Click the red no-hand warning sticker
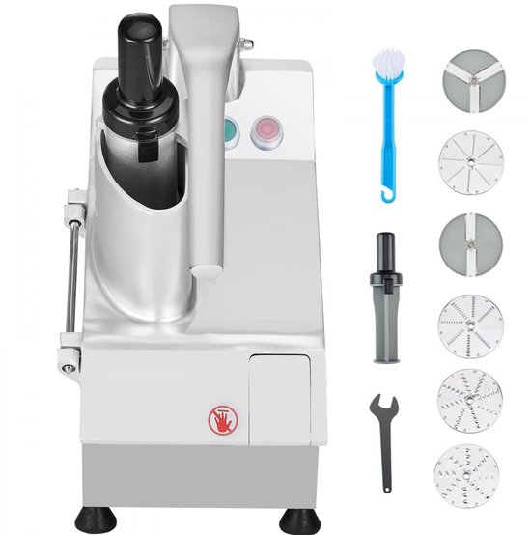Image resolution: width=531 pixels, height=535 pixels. pos(219,418)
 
